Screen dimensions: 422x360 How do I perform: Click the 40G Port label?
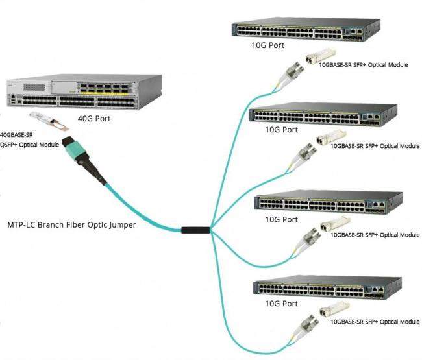[94, 119]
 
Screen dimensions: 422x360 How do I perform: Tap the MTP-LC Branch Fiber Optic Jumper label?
[71, 225]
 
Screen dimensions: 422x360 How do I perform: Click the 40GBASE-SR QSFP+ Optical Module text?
[29, 139]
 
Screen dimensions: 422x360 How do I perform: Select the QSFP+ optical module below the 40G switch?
[49, 121]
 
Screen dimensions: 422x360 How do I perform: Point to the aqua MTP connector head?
[74, 148]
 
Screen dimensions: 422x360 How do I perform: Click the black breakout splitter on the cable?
[195, 230]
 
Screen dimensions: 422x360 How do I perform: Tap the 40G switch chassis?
[84, 91]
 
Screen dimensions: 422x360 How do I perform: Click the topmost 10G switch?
[306, 29]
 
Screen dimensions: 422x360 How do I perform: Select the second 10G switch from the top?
[323, 114]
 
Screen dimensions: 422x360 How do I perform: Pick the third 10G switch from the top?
[328, 202]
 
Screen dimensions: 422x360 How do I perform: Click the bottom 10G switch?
[327, 287]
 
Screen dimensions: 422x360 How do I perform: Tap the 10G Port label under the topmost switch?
[267, 45]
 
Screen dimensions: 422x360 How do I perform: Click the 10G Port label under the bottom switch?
[282, 304]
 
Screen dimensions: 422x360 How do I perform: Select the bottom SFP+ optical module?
[334, 309]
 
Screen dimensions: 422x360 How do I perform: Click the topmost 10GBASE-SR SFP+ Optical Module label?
[364, 65]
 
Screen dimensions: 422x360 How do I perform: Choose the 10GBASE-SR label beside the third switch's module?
[375, 235]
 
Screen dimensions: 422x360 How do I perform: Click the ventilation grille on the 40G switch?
[34, 87]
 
